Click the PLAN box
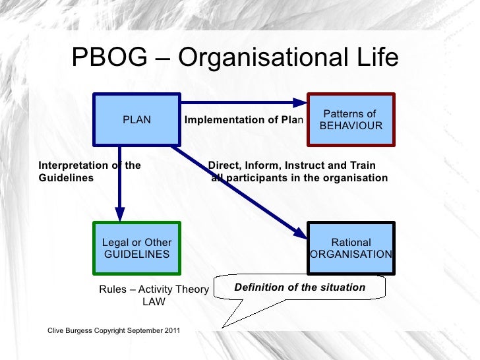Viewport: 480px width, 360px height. click(136, 120)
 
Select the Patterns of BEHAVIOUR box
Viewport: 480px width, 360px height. click(351, 120)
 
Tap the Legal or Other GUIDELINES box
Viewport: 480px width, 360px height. click(136, 248)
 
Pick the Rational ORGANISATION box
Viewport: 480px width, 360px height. click(351, 248)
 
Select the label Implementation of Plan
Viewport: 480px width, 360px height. click(243, 120)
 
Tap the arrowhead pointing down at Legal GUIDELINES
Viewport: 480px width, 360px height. click(120, 214)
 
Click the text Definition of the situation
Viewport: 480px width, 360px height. click(300, 287)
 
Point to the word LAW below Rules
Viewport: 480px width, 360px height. click(154, 302)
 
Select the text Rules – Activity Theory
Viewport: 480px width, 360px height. click(154, 289)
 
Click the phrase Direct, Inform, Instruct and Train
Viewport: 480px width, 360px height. click(292, 165)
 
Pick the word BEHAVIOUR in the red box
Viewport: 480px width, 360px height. click(351, 125)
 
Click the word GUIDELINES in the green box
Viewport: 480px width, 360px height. click(136, 254)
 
